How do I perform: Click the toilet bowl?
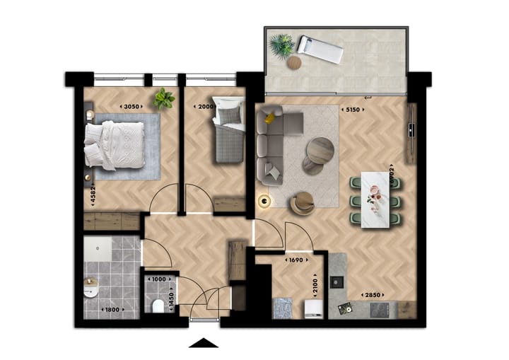pyautogui.click(x=158, y=305)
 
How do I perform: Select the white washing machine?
pyautogui.click(x=312, y=308)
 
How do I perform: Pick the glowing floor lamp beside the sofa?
pyautogui.click(x=264, y=202)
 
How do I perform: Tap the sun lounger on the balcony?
pyautogui.click(x=319, y=49)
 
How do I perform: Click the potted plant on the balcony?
pyautogui.click(x=282, y=47)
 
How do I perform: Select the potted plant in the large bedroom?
pyautogui.click(x=164, y=98)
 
